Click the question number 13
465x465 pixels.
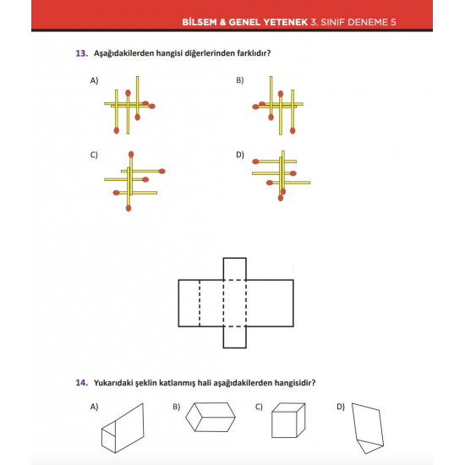(82, 53)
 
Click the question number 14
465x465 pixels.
(82, 382)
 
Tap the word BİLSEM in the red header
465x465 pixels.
(200, 22)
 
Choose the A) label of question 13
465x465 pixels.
(95, 80)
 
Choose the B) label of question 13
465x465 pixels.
(240, 80)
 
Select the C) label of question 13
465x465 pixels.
(94, 155)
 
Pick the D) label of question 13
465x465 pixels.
(240, 155)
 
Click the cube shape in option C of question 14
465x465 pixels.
(288, 420)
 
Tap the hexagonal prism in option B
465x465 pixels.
(211, 417)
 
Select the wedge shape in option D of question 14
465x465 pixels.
(368, 428)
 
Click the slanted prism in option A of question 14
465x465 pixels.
(123, 428)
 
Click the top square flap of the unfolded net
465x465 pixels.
(234, 269)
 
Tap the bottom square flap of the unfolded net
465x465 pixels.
(234, 337)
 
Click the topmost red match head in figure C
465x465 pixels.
(131, 154)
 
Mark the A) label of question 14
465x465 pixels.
(95, 407)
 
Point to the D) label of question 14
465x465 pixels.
(341, 407)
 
